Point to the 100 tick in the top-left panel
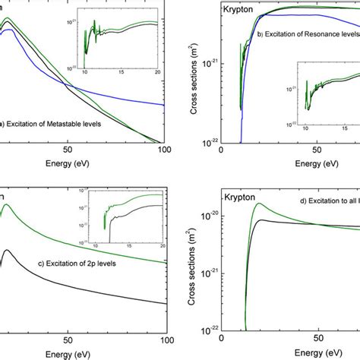pos(165,151)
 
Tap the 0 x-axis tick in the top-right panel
pos(221,151)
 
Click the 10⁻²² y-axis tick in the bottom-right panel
pos(206,330)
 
